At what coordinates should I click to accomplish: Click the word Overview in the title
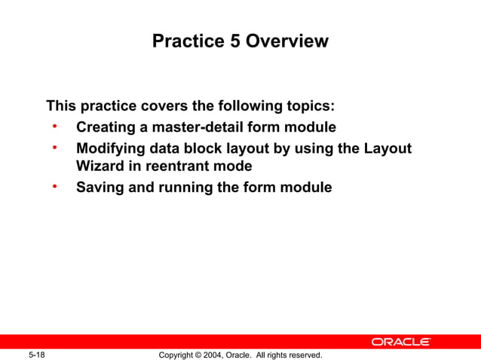(x=290, y=41)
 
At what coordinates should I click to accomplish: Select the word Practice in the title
(x=188, y=41)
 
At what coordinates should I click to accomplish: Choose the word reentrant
(x=176, y=166)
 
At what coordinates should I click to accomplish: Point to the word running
(x=184, y=188)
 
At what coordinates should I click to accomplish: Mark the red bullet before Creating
(x=55, y=126)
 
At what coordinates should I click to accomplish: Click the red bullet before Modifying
(x=55, y=148)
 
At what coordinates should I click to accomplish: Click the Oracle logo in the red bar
(x=400, y=342)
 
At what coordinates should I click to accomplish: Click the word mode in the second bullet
(x=231, y=166)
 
